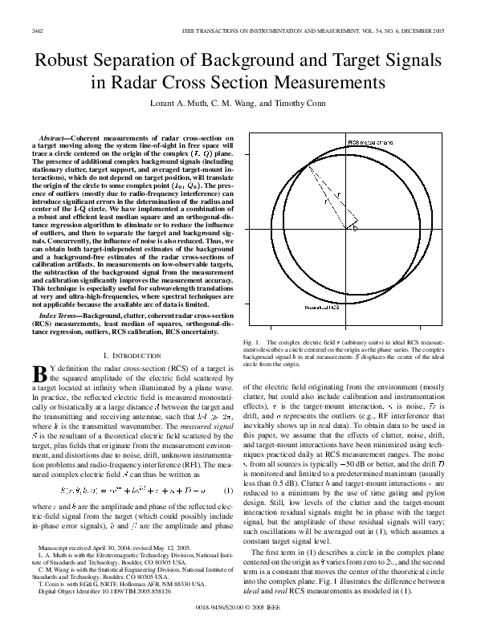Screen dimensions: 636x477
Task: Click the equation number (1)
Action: pyautogui.click(x=228, y=491)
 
